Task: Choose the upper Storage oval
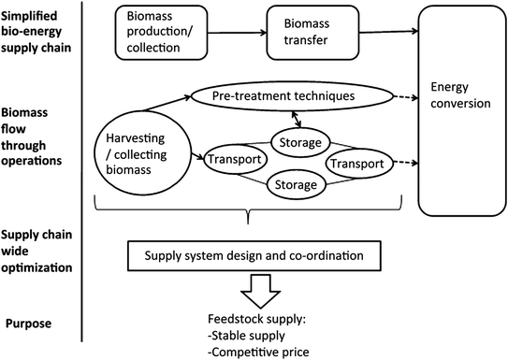pyautogui.click(x=296, y=143)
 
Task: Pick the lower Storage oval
pyautogui.click(x=296, y=184)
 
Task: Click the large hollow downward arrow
pyautogui.click(x=264, y=292)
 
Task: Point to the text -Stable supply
pyautogui.click(x=253, y=335)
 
